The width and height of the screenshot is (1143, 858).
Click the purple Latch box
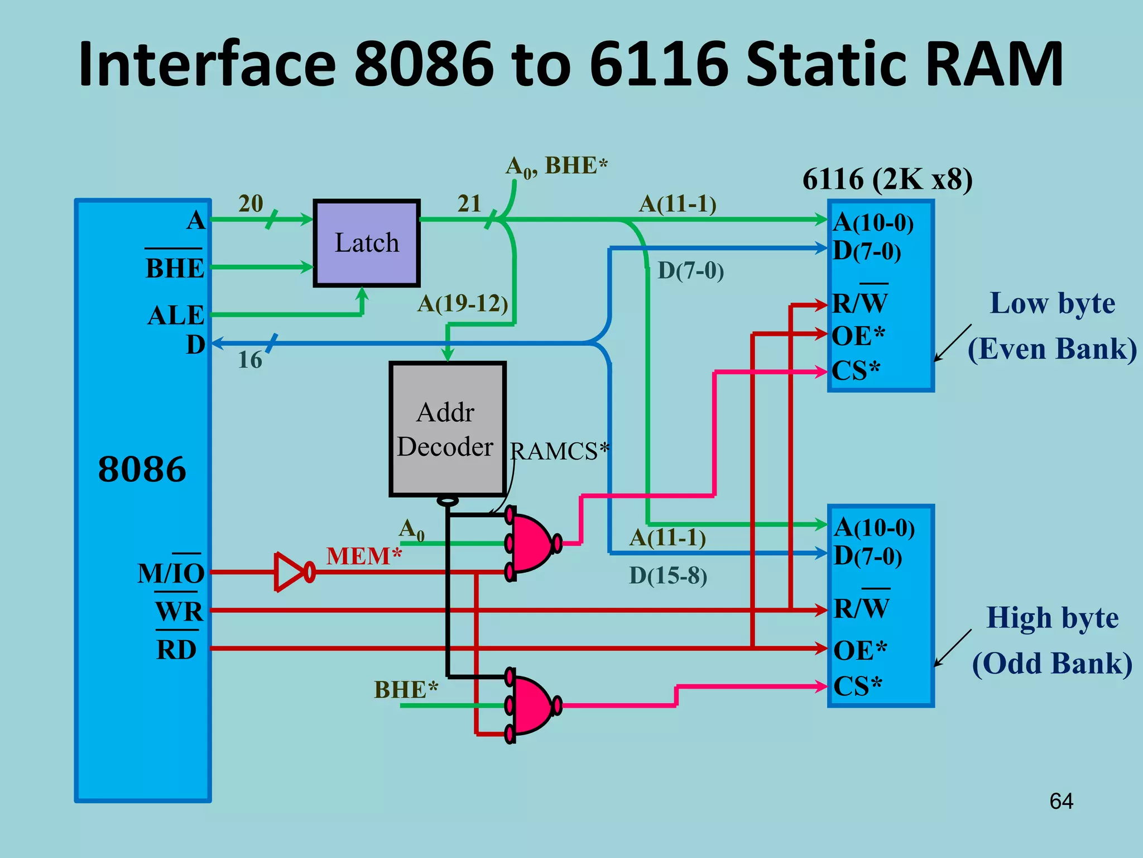[x=366, y=243]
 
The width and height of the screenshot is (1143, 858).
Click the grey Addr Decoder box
[x=446, y=429]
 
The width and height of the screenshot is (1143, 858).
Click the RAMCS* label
[x=559, y=451]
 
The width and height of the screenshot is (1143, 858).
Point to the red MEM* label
[x=364, y=556]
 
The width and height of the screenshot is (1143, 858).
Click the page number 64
[x=1061, y=801]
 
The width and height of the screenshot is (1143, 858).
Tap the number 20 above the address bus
[x=251, y=203]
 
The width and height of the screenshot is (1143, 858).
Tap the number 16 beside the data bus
[x=249, y=360]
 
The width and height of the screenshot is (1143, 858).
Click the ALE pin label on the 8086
[x=176, y=316]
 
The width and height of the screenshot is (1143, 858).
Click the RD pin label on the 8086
[x=176, y=650]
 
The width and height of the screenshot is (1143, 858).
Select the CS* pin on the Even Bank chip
[x=856, y=370]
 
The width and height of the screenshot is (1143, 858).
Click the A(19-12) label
[x=463, y=303]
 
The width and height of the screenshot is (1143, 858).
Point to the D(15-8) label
[x=668, y=575]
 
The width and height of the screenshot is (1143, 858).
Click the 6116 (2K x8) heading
[x=887, y=179]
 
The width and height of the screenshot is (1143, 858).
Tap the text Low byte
[x=1052, y=303]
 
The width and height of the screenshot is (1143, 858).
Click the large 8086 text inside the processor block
[x=142, y=469]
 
